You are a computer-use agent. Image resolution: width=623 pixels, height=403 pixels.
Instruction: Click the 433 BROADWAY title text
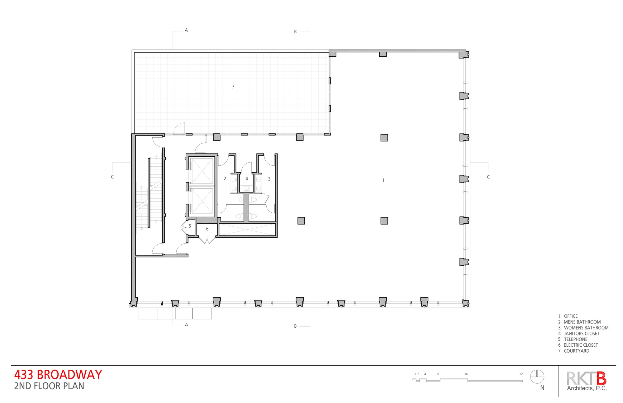(58, 375)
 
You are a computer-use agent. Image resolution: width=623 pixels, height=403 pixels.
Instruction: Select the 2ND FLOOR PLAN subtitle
(49, 386)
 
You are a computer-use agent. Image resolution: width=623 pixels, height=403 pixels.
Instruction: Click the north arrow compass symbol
(537, 377)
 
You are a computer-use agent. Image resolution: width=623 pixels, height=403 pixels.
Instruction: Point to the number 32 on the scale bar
(521, 374)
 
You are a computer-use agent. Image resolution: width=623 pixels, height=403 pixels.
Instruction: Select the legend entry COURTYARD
(576, 351)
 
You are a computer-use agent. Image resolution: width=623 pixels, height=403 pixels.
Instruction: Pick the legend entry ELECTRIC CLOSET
(581, 345)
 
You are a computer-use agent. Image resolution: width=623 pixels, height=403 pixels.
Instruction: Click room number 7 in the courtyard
(233, 87)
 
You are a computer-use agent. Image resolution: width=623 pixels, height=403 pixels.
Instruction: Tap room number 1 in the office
(383, 180)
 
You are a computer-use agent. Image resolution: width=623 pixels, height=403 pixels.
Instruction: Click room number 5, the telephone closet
(190, 226)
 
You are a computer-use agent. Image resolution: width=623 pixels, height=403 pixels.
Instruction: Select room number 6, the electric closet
(207, 229)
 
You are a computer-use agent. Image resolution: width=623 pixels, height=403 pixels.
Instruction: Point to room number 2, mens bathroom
(225, 179)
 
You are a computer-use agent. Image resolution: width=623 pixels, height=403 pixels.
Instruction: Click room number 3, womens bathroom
(269, 179)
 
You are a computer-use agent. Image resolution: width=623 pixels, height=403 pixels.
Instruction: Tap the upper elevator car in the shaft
(202, 171)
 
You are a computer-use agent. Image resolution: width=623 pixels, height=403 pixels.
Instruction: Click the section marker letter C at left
(112, 177)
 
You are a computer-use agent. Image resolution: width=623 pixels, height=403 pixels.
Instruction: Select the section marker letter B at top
(295, 31)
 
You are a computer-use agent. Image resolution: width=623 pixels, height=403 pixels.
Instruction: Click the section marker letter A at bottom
(186, 325)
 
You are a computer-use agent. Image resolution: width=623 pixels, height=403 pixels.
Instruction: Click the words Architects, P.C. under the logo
(587, 388)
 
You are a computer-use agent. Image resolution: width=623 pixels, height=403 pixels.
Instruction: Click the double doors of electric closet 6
(207, 240)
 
